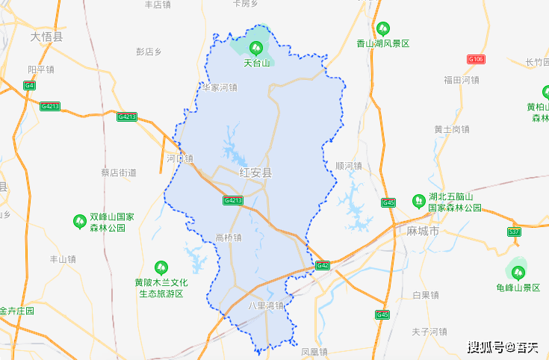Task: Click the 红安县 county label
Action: tap(255, 173)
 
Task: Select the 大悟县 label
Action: tap(47, 36)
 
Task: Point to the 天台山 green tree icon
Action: tap(256, 49)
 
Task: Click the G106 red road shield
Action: tap(476, 58)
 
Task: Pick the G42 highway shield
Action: tap(322, 265)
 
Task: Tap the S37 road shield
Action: tap(514, 232)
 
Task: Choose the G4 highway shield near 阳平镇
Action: tap(29, 85)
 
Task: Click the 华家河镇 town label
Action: tap(219, 87)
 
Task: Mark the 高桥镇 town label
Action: tap(228, 238)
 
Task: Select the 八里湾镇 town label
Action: tap(266, 305)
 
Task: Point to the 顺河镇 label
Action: tap(349, 166)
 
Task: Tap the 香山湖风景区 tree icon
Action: tap(382, 29)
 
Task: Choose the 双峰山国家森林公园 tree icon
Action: tap(79, 221)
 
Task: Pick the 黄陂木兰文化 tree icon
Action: tap(161, 267)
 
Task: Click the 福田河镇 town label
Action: tap(461, 80)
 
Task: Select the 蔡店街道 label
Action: tap(119, 172)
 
